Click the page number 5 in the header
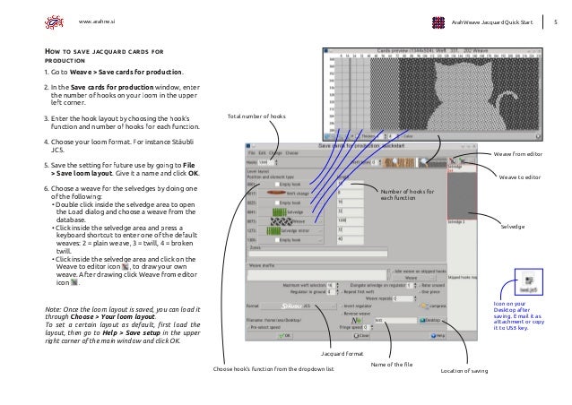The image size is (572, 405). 555,20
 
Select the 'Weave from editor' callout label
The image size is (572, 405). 528,155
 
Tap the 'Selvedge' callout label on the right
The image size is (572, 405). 514,228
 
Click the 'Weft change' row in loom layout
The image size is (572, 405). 300,192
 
